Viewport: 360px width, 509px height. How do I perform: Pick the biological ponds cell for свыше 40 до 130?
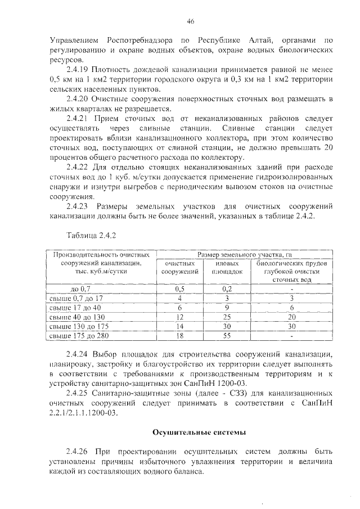point(291,317)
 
